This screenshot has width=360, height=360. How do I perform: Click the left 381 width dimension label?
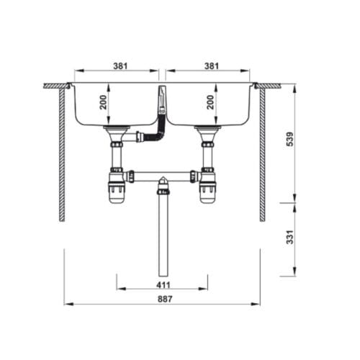point(120,66)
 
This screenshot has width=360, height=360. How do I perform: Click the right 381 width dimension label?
point(211,66)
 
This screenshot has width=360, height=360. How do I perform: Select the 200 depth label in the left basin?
point(105,103)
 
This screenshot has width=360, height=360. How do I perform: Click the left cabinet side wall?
point(62,155)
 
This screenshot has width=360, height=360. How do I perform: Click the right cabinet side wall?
point(262,155)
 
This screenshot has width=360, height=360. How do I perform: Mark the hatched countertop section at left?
point(55,86)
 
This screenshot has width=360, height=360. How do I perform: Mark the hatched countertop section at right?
point(269,86)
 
